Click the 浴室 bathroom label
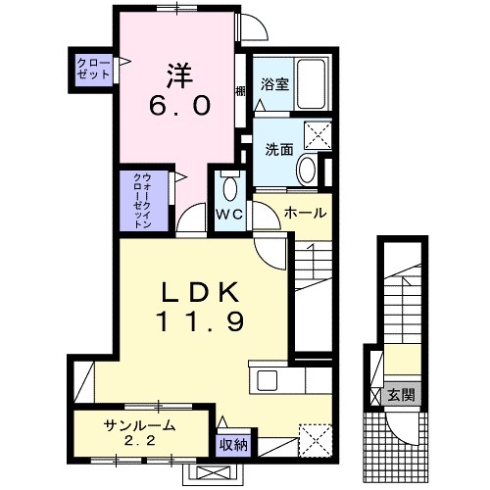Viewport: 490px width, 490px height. coord(273,85)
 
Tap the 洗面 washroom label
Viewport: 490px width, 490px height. coord(278,150)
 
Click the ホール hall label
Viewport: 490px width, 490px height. coord(304,213)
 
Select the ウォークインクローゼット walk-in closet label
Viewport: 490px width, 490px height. coord(139,200)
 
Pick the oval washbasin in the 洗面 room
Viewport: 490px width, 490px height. coord(306,171)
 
